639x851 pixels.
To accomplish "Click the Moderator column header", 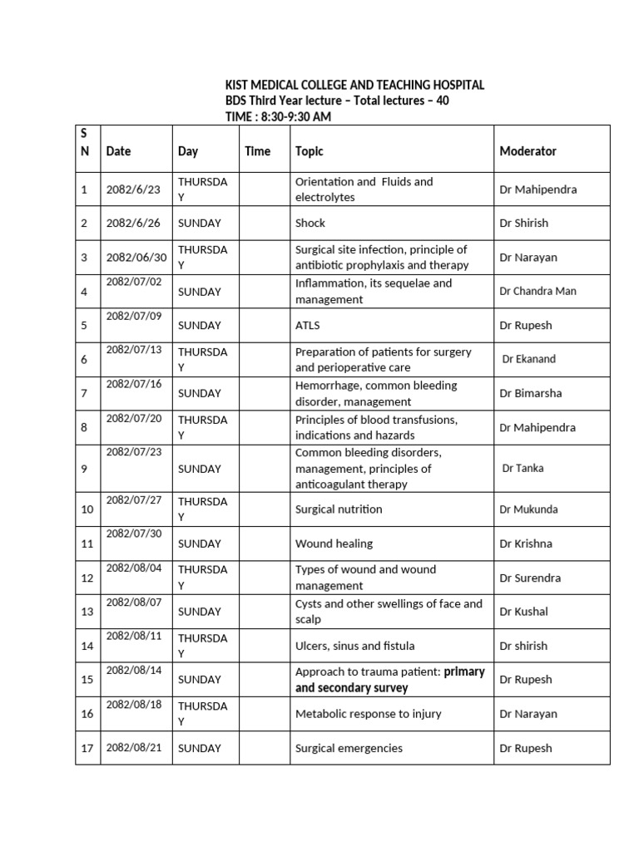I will point(528,151).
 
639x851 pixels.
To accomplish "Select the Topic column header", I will point(310,151).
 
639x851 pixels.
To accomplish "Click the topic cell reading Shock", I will point(310,223).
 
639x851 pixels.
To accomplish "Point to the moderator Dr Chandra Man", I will point(537,292).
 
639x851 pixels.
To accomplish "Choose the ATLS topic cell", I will point(309,325).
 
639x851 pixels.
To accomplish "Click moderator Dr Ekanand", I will point(529,359).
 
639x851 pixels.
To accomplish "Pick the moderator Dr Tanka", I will point(523,468).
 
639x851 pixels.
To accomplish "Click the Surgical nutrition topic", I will point(339,509).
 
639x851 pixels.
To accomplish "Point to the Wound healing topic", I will point(334,544).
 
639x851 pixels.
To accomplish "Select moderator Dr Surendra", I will point(530,578).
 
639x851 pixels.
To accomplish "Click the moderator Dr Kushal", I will point(524,612).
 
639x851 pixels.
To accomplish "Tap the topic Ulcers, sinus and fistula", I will point(354,646).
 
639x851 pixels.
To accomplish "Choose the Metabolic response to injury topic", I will point(368,714).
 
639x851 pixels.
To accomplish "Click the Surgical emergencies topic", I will point(349,748).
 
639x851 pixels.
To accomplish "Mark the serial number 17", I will point(87,748).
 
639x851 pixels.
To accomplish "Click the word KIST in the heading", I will point(240,86).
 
